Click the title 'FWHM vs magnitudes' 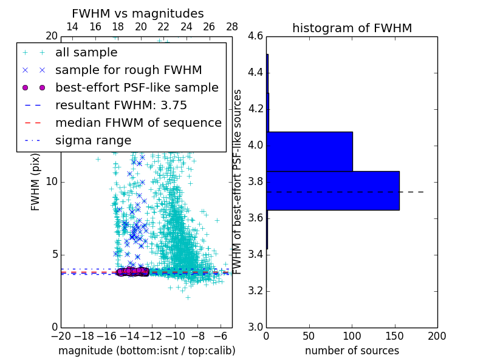(138, 13)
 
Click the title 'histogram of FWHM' (352, 28)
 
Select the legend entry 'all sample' (86, 53)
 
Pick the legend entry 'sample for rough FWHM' (128, 70)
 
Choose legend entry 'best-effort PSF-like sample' (137, 87)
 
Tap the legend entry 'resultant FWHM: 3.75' (121, 105)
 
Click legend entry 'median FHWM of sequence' (138, 123)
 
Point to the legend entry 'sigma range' (93, 140)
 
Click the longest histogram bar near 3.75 (332, 190)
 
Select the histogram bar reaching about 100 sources (309, 151)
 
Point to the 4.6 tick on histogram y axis (255, 36)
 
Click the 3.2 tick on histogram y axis (255, 291)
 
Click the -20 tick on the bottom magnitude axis (61, 335)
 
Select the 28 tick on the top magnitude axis (232, 27)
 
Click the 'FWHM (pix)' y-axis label (36, 182)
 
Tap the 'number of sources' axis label (352, 351)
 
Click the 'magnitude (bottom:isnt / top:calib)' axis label (146, 351)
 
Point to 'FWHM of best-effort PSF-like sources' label (238, 182)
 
